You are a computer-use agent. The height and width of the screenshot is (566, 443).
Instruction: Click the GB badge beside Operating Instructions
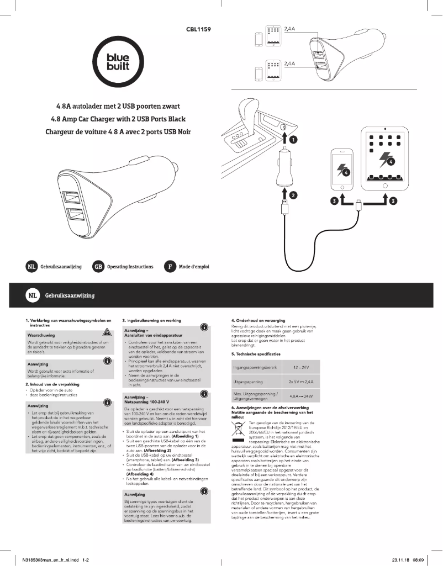point(99,267)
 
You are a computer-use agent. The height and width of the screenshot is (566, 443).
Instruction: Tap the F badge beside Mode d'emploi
point(170,267)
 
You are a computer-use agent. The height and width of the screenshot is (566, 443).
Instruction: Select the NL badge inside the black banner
point(33,296)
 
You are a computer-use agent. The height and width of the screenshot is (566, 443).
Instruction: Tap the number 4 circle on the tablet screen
point(390,162)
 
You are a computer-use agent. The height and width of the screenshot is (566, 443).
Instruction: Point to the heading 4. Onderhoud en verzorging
point(258,320)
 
